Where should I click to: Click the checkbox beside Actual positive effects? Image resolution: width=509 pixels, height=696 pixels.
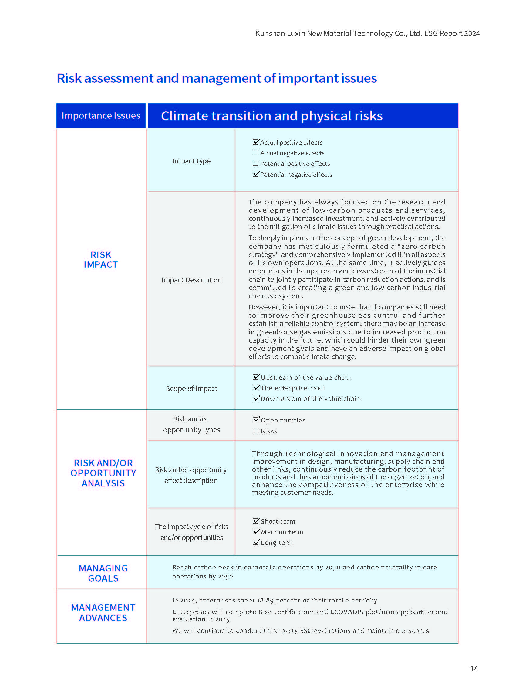255,142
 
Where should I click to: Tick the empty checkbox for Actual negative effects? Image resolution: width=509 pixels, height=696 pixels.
255,153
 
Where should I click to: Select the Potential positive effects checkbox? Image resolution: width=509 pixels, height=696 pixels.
255,163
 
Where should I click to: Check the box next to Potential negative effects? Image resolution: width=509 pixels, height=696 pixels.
255,174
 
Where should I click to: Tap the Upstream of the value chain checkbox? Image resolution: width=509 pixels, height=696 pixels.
256,377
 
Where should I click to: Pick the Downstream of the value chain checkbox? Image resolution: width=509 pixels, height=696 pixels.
256,398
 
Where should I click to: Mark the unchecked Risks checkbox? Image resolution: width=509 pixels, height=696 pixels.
255,431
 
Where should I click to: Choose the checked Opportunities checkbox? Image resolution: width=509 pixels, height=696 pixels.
256,420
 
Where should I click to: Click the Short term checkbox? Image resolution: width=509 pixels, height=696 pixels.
256,521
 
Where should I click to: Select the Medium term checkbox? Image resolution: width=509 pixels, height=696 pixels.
256,532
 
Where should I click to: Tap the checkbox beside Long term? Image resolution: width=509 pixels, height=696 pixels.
256,542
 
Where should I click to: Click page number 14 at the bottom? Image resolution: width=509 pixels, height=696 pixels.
474,669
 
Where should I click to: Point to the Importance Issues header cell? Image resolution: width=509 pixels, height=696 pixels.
101,116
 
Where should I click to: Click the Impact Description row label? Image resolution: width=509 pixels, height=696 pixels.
191,280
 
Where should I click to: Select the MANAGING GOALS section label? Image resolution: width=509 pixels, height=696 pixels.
103,573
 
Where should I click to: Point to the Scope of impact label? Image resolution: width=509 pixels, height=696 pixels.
191,388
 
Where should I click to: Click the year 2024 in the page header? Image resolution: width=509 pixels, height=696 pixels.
472,33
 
